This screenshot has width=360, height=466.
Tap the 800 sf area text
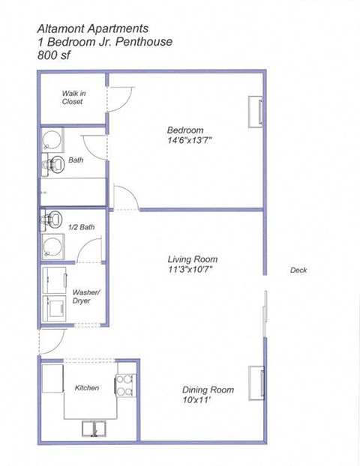point(56,55)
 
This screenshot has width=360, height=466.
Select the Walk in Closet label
point(72,97)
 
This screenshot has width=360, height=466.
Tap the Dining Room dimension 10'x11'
point(208,400)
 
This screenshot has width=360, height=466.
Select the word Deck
point(298,270)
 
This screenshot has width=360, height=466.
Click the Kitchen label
point(87,388)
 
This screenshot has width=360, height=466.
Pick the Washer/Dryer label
point(82,296)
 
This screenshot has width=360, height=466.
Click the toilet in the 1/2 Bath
point(51,220)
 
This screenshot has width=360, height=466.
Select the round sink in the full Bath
point(51,141)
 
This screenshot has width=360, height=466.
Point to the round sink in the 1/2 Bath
point(52,246)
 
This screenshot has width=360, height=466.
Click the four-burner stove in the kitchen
point(124,385)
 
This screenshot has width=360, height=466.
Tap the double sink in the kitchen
point(95,428)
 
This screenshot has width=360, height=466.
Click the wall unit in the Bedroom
point(256,112)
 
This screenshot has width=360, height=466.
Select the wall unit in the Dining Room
point(257,383)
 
